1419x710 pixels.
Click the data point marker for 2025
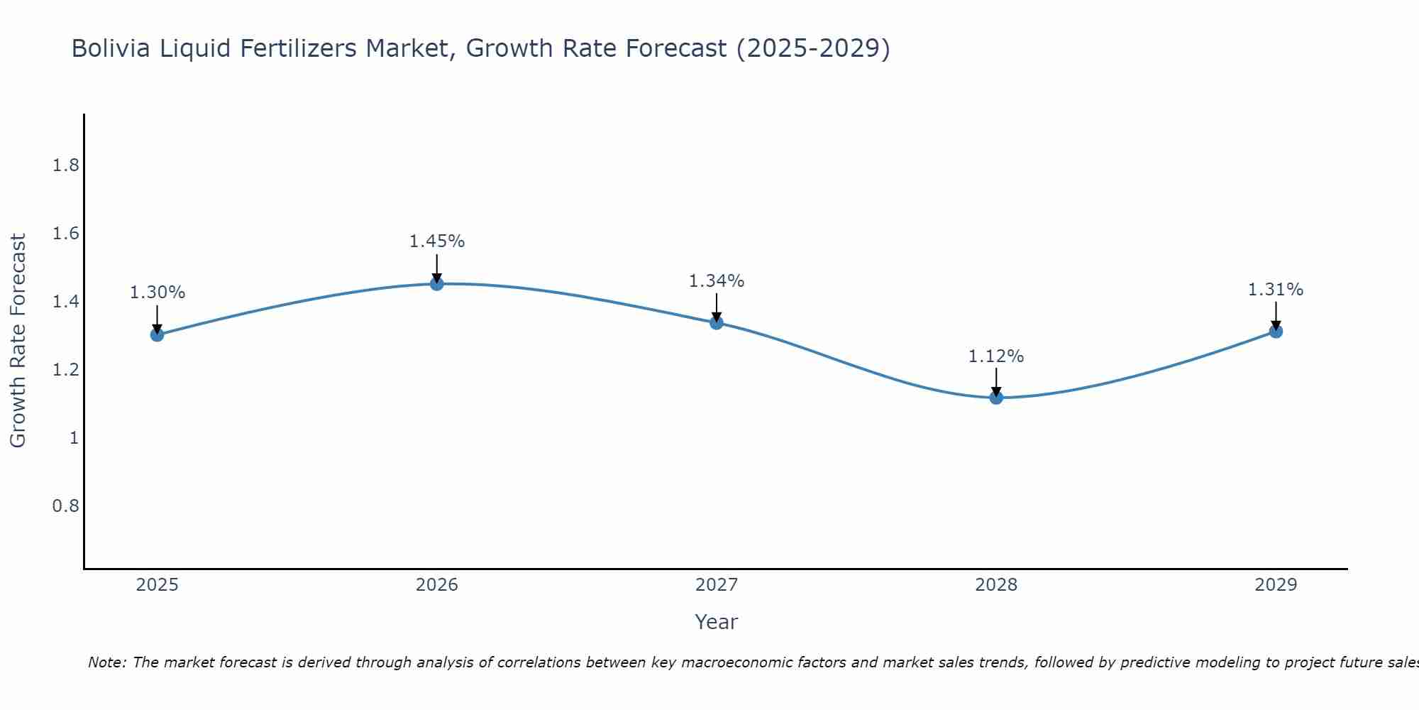(157, 334)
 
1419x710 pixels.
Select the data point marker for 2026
(437, 284)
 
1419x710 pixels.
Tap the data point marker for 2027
(717, 323)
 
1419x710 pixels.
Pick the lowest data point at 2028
(996, 398)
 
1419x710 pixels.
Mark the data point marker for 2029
(1276, 332)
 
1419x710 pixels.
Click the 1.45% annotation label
(437, 241)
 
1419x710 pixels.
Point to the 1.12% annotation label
(996, 356)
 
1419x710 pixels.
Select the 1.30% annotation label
(158, 293)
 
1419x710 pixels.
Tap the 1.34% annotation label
(717, 281)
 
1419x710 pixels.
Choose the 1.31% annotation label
(1276, 290)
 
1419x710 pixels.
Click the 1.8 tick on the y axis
(66, 166)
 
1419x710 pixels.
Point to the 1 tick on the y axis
(74, 438)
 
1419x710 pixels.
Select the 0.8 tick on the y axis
(66, 506)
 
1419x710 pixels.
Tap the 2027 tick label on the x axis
(717, 585)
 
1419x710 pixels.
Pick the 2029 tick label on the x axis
(1276, 585)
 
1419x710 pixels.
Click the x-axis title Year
(717, 622)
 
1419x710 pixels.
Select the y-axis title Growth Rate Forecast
(18, 341)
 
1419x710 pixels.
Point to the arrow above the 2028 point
(996, 382)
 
